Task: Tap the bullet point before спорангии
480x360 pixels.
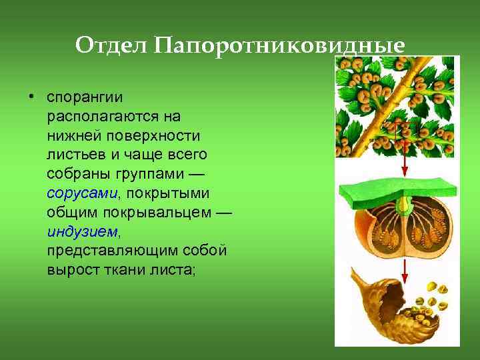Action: [31, 97]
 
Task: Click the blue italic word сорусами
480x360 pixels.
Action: [81, 193]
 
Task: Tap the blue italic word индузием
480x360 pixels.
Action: [83, 232]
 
